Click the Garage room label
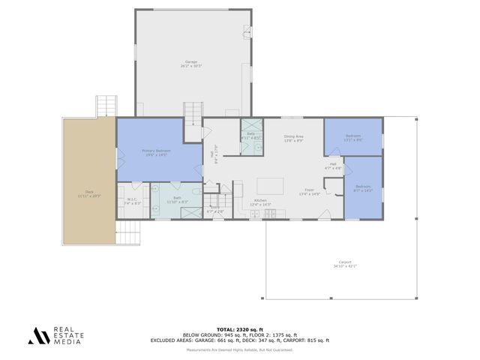click(x=191, y=64)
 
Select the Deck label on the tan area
click(x=88, y=193)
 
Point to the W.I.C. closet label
click(x=131, y=201)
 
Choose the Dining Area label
click(x=292, y=139)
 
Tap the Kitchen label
click(x=260, y=202)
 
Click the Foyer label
click(x=309, y=191)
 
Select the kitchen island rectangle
click(x=271, y=185)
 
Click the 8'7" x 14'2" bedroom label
click(x=364, y=187)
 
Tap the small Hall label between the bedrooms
click(x=333, y=166)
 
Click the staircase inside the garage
click(x=193, y=113)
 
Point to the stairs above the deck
click(x=106, y=106)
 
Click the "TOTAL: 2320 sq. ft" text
click(x=240, y=329)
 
